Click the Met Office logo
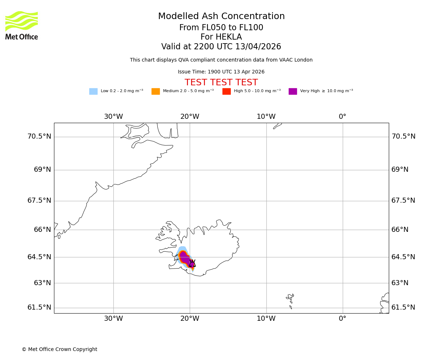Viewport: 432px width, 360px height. point(22,25)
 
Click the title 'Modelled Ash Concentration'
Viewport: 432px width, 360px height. point(221,17)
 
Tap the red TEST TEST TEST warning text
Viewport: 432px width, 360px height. point(221,83)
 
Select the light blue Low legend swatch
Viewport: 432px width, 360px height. point(93,91)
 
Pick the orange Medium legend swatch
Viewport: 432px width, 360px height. point(156,91)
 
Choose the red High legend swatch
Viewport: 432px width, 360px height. point(226,91)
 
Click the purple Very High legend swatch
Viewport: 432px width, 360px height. point(293,91)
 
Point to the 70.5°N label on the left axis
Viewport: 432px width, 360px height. point(39,136)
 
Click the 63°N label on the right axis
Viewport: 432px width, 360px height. point(400,283)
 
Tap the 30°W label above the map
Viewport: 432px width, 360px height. point(113,117)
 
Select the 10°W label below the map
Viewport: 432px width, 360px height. point(266,319)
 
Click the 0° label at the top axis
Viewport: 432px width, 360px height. point(342,117)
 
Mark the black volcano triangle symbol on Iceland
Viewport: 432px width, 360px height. point(192,264)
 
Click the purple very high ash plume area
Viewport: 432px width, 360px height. point(185,258)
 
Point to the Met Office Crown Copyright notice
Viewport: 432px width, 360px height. point(59,350)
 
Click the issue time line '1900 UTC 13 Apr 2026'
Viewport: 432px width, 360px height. point(221,72)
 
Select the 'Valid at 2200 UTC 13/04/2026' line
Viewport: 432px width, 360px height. point(221,47)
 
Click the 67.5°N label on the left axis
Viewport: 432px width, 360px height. point(39,201)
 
